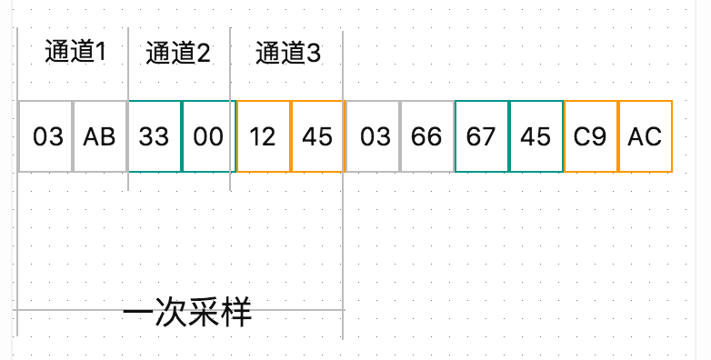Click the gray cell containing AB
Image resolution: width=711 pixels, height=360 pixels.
99,136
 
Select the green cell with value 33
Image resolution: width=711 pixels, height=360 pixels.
154,136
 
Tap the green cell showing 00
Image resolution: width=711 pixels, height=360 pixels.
208,136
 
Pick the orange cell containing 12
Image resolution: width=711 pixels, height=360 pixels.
263,136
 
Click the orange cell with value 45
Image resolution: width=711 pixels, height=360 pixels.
317,136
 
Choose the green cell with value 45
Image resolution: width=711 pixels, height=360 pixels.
536,136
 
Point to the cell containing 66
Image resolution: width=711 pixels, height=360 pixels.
426,136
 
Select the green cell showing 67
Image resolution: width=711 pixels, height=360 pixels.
481,136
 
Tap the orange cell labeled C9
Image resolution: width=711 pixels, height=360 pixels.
590,136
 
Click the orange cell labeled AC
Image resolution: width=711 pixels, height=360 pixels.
645,136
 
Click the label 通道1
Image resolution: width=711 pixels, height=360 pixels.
75,53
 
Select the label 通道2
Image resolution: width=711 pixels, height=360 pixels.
178,54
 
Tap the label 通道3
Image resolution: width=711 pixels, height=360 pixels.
288,54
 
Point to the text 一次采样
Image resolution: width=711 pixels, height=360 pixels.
186,314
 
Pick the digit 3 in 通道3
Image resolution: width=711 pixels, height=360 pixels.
315,54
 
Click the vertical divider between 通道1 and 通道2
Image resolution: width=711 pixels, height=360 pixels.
128,64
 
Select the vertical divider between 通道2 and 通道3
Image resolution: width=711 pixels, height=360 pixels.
231,64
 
